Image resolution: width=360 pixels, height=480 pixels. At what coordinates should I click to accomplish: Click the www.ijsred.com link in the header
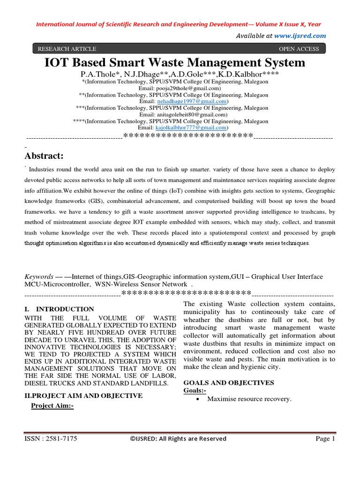click(300, 36)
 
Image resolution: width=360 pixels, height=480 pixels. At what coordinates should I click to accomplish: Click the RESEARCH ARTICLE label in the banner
click(67, 49)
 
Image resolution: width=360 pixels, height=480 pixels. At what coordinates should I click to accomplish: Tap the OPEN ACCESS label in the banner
click(299, 49)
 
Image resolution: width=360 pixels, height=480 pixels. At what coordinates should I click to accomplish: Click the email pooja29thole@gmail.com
click(186, 88)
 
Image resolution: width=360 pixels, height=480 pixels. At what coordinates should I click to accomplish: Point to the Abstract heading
click(44, 155)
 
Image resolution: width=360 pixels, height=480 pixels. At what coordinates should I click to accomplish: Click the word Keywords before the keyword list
click(38, 277)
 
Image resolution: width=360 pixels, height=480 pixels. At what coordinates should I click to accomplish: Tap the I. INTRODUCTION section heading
click(59, 309)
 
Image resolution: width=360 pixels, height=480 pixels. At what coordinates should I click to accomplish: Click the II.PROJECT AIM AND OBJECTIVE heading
click(83, 396)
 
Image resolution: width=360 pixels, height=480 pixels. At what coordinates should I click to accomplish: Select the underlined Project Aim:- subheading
click(52, 406)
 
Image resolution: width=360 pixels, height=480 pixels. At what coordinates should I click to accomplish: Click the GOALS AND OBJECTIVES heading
click(229, 382)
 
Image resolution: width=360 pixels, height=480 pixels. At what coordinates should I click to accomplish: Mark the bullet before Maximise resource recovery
click(195, 399)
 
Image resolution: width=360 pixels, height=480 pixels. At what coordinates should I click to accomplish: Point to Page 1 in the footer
click(325, 439)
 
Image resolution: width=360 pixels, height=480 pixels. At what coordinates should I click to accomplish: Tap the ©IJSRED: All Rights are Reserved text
click(178, 439)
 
